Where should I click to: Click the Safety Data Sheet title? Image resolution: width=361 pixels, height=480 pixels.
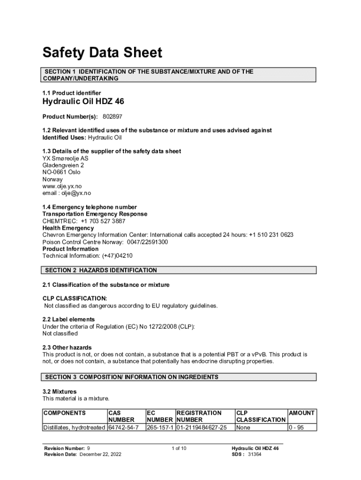102,52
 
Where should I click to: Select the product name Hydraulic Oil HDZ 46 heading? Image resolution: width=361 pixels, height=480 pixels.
83,102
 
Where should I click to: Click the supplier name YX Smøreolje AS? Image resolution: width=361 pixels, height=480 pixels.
65,158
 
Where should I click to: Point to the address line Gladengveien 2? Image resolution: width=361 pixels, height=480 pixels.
63,165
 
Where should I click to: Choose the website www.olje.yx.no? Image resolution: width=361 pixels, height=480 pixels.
62,186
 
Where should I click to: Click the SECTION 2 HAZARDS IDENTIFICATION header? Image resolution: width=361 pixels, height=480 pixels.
101,270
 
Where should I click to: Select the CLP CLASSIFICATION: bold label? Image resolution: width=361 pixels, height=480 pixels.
75,299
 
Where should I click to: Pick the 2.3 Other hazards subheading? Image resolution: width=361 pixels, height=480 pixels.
67,348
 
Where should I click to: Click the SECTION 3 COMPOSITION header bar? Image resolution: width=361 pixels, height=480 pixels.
131,377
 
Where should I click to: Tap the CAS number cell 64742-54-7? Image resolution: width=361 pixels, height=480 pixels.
123,427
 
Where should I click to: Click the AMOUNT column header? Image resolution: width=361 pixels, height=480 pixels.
302,413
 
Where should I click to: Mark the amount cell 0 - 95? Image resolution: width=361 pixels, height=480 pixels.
296,427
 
